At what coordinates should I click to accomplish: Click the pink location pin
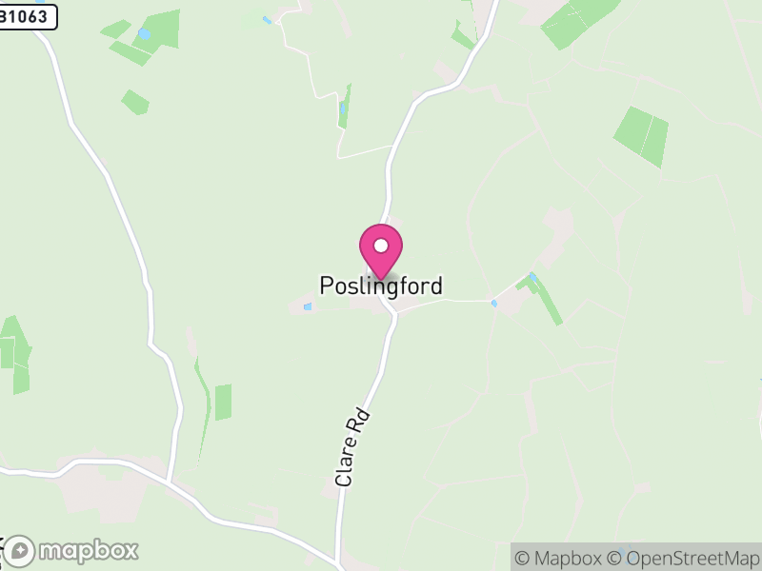pos(381,252)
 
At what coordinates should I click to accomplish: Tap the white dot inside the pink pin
pos(381,246)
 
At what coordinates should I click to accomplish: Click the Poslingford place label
pos(381,285)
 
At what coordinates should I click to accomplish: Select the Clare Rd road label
pos(351,448)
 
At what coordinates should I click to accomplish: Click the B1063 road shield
pos(28,15)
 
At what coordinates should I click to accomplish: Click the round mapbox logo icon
pos(21,551)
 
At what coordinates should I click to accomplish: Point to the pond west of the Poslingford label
pos(308,306)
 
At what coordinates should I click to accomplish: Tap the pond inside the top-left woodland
pos(144,34)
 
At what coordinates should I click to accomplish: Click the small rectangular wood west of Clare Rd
pos(223,403)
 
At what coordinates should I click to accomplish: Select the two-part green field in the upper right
pos(641,136)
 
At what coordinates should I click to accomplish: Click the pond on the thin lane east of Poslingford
pos(493,303)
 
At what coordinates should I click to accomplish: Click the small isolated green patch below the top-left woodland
pos(135,102)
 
